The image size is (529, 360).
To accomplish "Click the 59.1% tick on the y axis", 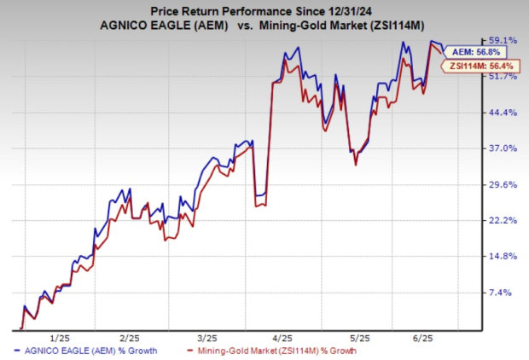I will pyautogui.click(x=504, y=40).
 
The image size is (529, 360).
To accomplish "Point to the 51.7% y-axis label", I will pyautogui.click(x=504, y=76).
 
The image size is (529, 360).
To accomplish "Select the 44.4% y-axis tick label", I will pyautogui.click(x=504, y=113).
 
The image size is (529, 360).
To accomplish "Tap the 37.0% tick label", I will pyautogui.click(x=504, y=148).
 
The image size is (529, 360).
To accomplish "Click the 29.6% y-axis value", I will pyautogui.click(x=504, y=184).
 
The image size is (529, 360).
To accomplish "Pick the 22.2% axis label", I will pyautogui.click(x=504, y=220).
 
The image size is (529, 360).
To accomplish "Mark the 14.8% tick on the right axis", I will pyautogui.click(x=504, y=257).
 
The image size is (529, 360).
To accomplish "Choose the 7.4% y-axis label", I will pyautogui.click(x=503, y=293).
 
